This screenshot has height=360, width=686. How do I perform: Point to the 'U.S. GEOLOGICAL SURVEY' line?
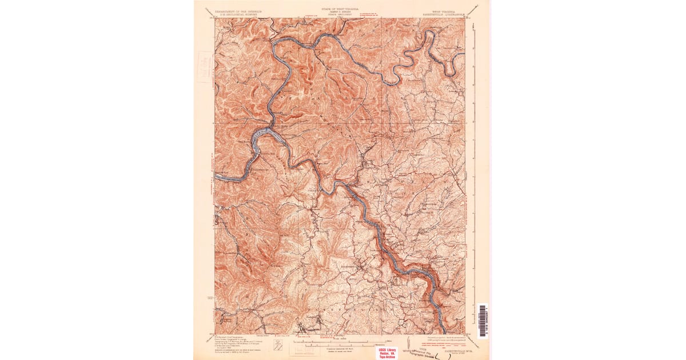point(237,14)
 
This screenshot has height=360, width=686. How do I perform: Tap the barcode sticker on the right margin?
point(482,321)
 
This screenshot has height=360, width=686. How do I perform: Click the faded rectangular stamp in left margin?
point(205,67)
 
